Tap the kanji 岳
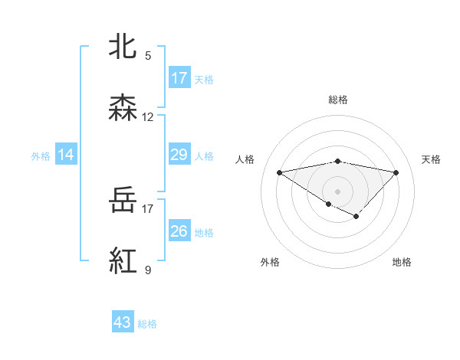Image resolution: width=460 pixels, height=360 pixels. pos(123,201)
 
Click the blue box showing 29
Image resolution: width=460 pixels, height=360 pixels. pos(179,155)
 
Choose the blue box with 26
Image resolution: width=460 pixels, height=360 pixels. pos(179,231)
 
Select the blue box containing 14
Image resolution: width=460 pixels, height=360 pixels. pos(66,155)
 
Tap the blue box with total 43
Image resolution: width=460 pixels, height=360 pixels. pos(123,322)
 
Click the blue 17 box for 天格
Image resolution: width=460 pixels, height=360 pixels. pos(179,78)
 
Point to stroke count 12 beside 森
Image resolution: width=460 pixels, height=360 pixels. pos(148,117)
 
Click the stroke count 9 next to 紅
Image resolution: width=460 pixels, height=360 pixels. pos(148,270)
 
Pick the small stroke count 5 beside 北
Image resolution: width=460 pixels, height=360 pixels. pos(148,55)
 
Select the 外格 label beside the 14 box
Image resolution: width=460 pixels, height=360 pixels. pos(41,156)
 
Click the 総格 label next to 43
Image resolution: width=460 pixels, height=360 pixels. pos(147,324)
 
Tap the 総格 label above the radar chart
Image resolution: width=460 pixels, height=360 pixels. pos(337,100)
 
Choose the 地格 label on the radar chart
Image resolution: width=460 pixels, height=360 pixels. pos(402,262)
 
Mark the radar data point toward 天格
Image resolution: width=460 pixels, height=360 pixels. pos(396,172)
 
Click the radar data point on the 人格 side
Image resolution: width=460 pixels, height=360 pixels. pos(279,172)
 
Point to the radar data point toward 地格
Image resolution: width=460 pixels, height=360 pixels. pos(356,216)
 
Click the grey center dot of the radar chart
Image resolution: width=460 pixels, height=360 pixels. pos(337,191)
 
